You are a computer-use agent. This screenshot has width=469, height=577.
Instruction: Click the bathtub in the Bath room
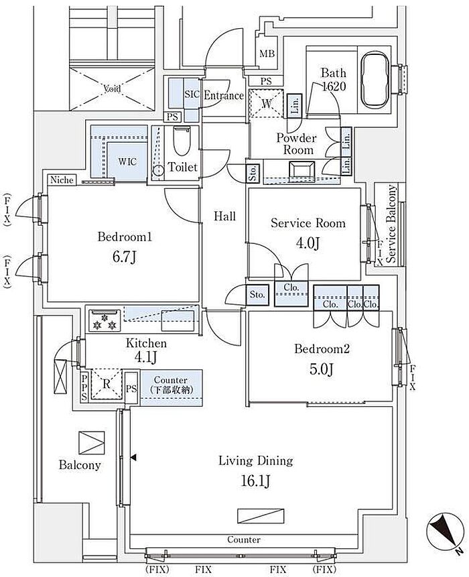376,80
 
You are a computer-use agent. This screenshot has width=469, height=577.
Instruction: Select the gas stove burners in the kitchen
105,320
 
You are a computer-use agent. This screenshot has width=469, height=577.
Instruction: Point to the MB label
267,54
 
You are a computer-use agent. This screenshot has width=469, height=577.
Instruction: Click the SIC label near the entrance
192,94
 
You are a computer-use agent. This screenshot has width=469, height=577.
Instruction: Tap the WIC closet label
127,162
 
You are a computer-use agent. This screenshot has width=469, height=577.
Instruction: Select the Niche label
62,180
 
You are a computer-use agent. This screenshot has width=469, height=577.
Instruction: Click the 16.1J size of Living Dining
256,480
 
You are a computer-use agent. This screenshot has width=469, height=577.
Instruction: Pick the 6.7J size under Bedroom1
125,257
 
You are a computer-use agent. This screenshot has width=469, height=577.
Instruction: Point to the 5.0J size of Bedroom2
322,369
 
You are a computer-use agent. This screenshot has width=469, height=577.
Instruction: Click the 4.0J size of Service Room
308,243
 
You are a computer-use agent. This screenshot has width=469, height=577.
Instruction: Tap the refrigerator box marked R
107,384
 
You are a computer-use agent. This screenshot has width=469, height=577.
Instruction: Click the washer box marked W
266,103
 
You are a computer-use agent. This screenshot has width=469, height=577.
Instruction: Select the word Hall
224,216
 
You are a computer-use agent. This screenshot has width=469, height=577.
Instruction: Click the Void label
112,88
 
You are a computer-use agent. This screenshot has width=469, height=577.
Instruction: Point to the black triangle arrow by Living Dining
133,458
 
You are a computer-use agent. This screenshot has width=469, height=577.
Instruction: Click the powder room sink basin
301,171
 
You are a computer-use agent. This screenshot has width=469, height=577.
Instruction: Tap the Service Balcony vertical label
391,224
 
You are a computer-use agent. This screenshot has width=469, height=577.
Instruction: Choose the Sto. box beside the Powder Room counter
253,172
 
